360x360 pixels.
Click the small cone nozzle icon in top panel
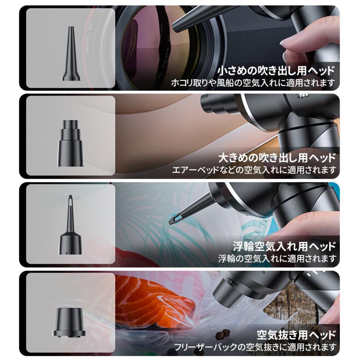[70, 54]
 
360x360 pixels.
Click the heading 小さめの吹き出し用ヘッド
[276, 71]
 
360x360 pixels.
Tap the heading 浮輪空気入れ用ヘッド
[284, 246]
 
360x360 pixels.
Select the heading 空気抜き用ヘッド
[296, 334]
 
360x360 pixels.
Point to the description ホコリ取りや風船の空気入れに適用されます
[253, 83]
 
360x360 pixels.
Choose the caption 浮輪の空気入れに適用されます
[277, 258]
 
